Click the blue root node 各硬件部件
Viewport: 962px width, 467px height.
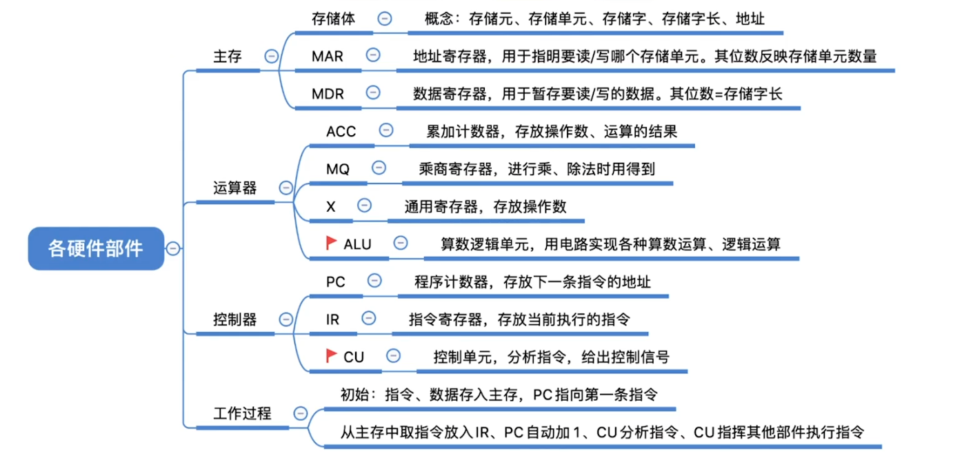click(96, 248)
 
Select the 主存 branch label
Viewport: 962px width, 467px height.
click(228, 57)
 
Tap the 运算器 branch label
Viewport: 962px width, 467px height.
click(235, 188)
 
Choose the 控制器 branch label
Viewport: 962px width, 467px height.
click(235, 319)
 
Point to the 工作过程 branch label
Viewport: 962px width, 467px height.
click(242, 413)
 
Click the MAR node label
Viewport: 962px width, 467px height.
click(327, 56)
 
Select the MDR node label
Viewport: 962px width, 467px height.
click(328, 94)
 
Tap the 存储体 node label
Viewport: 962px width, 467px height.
click(333, 19)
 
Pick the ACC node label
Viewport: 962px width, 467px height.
click(341, 131)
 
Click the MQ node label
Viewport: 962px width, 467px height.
click(338, 169)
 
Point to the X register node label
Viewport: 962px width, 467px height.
click(331, 206)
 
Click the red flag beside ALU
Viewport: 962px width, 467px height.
click(332, 242)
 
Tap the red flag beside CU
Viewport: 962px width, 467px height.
click(332, 355)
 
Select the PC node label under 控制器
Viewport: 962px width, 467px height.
click(336, 281)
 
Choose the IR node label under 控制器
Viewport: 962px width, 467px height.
click(332, 319)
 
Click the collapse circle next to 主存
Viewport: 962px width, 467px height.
click(272, 57)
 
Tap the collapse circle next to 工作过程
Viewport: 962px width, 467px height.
click(301, 413)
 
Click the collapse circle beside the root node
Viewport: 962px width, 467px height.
click(173, 248)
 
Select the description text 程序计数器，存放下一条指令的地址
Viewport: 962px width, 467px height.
click(532, 281)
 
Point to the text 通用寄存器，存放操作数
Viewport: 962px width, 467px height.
click(485, 206)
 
